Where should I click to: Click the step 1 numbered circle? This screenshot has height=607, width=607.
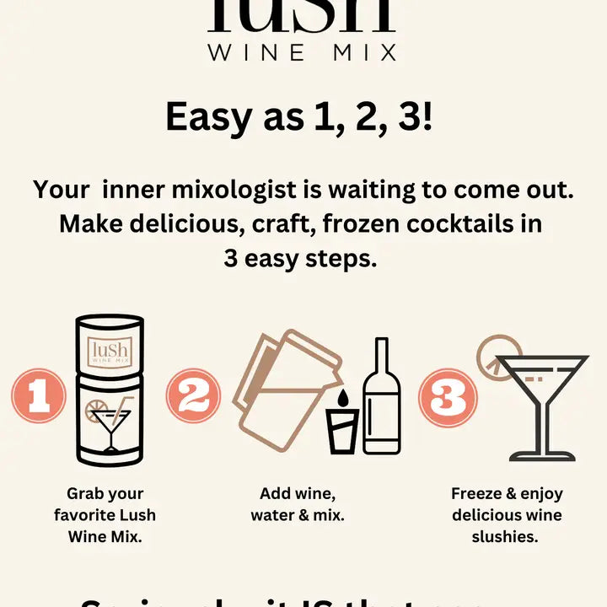pyautogui.click(x=38, y=395)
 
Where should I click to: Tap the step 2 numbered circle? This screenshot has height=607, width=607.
pyautogui.click(x=193, y=395)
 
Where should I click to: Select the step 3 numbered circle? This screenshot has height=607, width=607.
pyautogui.click(x=449, y=395)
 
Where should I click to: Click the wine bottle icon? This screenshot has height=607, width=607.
pyautogui.click(x=382, y=398)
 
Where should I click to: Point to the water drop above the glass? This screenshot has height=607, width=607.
pyautogui.click(x=342, y=398)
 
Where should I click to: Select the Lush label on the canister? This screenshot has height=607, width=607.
pyautogui.click(x=109, y=348)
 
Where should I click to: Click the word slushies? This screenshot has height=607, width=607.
pyautogui.click(x=507, y=536)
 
